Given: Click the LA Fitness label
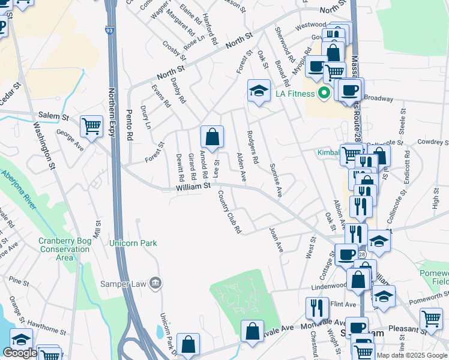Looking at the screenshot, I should pyautogui.click(x=295, y=94).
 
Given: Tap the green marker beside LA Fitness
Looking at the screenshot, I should pyautogui.click(x=325, y=94).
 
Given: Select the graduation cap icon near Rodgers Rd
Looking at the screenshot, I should pyautogui.click(x=259, y=91).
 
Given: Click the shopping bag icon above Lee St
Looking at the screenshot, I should pyautogui.click(x=212, y=137).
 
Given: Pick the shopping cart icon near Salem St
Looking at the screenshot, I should pyautogui.click(x=91, y=127).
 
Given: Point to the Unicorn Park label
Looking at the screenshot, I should pyautogui.click(x=133, y=243).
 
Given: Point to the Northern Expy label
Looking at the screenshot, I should pyautogui.click(x=112, y=144).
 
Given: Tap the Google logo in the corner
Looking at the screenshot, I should pyautogui.click(x=20, y=353).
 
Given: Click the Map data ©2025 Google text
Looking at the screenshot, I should pyautogui.click(x=412, y=355).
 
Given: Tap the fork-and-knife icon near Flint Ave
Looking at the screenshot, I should pyautogui.click(x=316, y=308).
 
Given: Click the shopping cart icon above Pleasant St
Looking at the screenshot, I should pyautogui.click(x=430, y=319).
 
